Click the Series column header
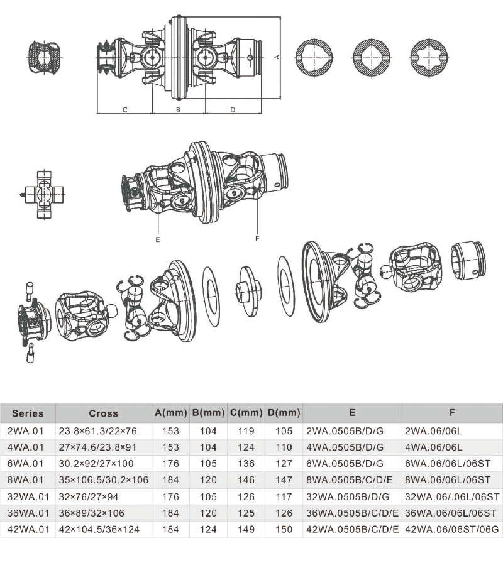point(28,413)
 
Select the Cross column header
point(104,413)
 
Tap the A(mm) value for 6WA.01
point(170,464)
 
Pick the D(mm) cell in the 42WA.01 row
point(284,529)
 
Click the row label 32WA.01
point(28,497)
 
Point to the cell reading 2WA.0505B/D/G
point(345,431)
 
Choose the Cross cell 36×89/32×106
point(92,513)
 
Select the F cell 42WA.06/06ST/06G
point(452,529)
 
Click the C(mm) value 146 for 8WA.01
point(246,480)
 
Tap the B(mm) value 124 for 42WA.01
point(208,529)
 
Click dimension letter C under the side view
point(125,110)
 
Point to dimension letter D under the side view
point(233,110)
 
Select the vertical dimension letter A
point(277,57)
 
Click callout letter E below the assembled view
point(158,239)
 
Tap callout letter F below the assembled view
point(257,239)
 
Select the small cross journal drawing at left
point(44,194)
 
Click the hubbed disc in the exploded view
point(248,291)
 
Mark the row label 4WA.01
point(25,447)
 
